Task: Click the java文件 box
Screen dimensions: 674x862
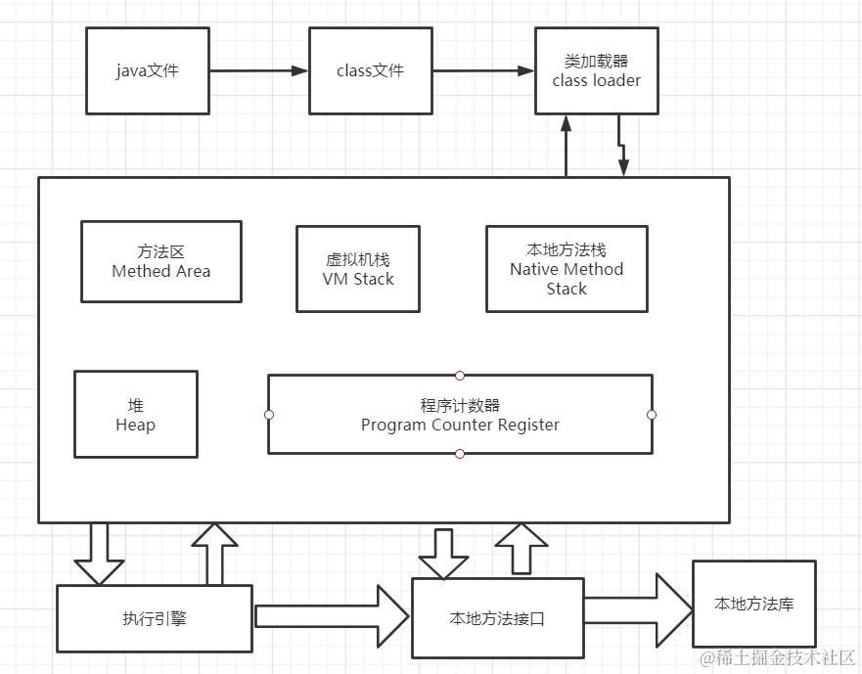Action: [147, 70]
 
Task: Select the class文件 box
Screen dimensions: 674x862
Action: [370, 70]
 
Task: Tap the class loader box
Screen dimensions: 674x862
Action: [596, 70]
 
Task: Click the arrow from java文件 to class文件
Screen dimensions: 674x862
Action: [258, 70]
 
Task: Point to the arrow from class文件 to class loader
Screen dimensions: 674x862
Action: [482, 70]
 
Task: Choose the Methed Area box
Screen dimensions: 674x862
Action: [160, 261]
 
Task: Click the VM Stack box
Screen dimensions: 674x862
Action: [357, 269]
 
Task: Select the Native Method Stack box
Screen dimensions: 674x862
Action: [566, 269]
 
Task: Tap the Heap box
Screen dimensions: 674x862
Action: [135, 414]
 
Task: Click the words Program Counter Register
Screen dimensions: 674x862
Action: [460, 426]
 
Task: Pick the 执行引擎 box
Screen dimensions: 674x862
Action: [154, 618]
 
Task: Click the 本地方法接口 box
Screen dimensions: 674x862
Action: [497, 618]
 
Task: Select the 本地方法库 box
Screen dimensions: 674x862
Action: [753, 604]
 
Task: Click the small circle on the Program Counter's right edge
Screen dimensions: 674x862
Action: [652, 415]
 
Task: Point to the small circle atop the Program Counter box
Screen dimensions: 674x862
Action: [460, 375]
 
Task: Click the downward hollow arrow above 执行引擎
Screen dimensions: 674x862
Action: [100, 553]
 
